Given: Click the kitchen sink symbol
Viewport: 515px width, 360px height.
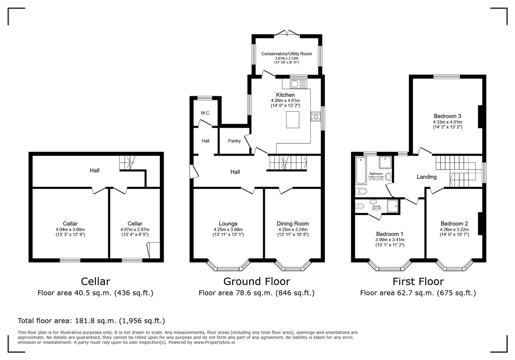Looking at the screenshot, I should pos(298,84).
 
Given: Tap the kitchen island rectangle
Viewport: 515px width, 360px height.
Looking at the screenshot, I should pos(293,120).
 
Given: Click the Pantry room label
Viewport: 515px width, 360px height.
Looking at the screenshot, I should pos(234,141).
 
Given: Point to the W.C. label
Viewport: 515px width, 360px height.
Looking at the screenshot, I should pos(205,113).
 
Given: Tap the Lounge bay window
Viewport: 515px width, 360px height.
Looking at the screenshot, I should pos(228,266).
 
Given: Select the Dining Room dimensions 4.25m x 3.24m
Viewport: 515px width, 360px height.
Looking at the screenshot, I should pos(293,229).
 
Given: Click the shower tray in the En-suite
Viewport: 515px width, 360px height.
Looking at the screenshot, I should pos(393,206).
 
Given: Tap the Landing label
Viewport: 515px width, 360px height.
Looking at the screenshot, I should pos(426,177).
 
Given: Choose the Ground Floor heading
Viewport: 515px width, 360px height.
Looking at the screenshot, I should pos(256,282).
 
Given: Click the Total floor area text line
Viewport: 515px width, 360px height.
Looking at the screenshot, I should pos(91,321).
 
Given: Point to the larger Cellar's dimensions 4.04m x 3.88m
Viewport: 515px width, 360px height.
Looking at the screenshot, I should pos(70,229).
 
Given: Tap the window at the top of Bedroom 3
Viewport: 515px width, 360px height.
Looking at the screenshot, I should pos(447,77).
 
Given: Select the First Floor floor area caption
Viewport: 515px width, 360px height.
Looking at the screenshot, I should pos(418,293).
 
